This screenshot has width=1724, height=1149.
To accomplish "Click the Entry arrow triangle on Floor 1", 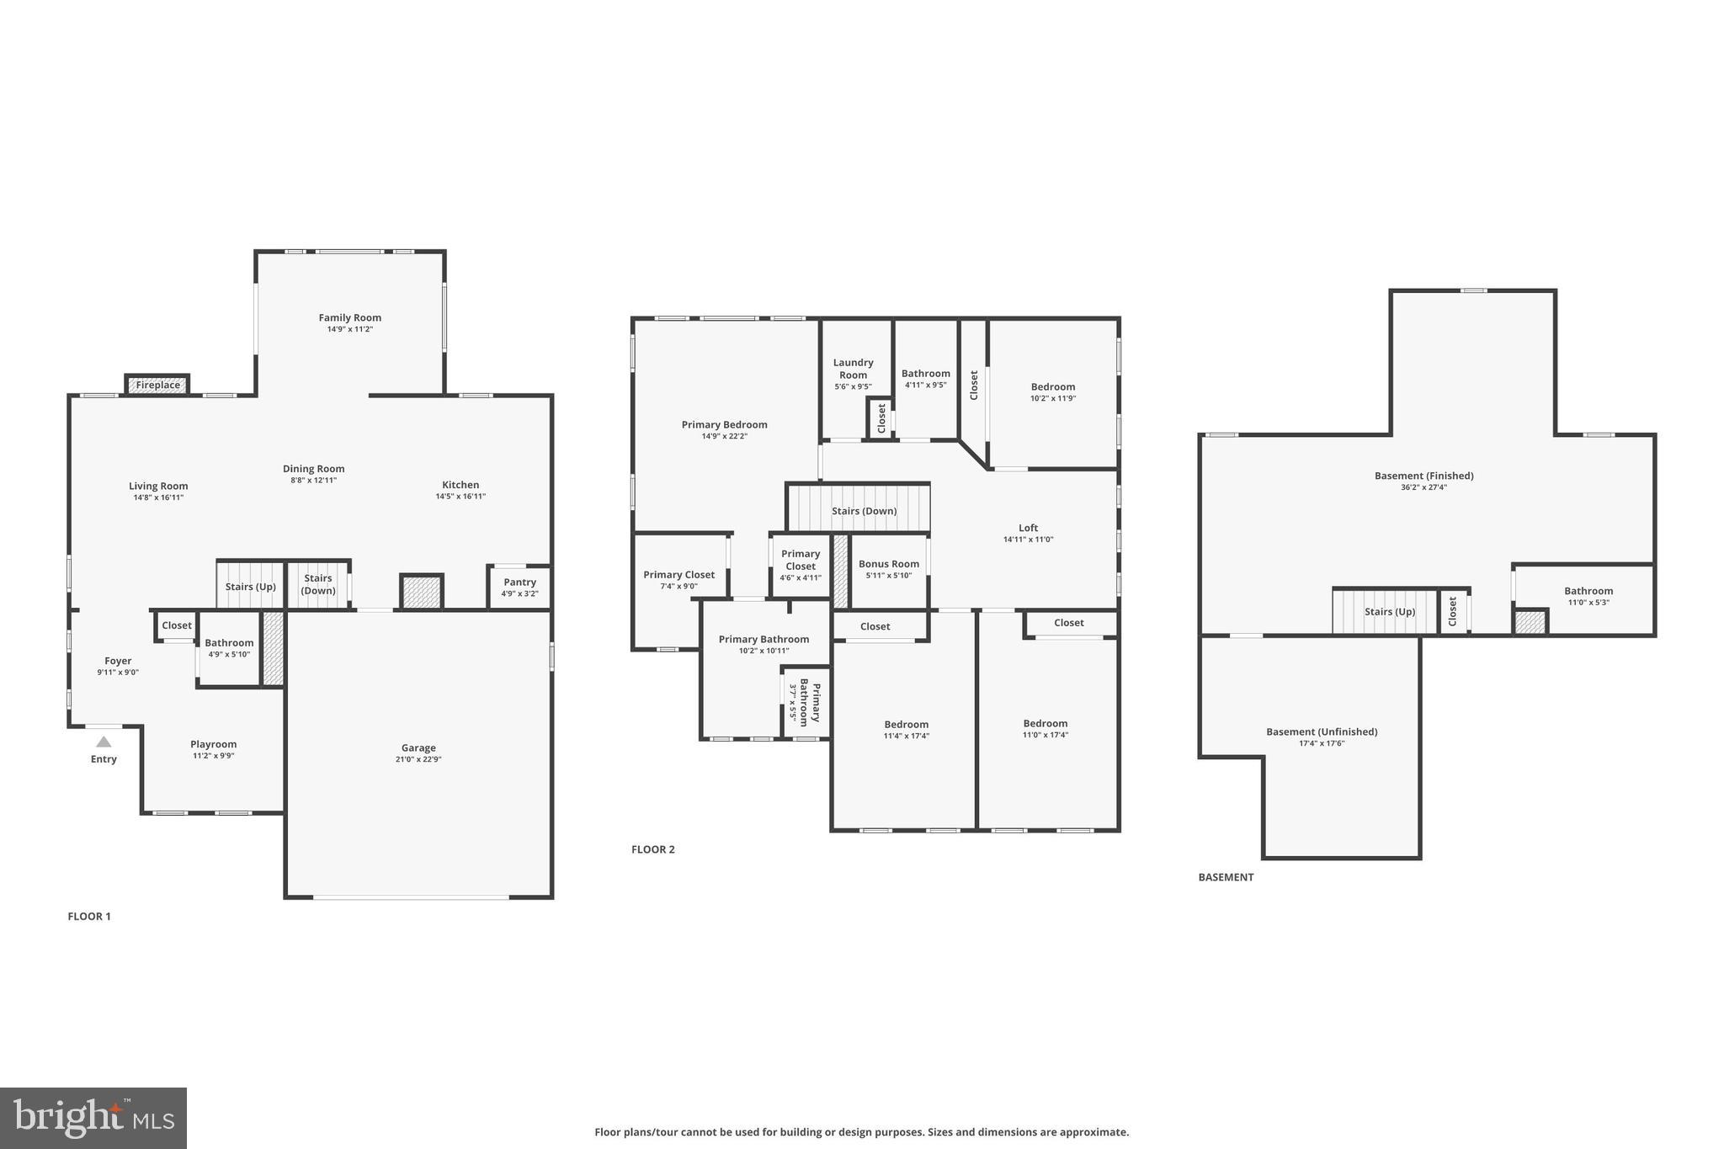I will pyautogui.click(x=104, y=742).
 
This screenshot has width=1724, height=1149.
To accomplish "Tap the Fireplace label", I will pyautogui.click(x=158, y=385).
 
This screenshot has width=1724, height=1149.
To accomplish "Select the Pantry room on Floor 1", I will pyautogui.click(x=519, y=587).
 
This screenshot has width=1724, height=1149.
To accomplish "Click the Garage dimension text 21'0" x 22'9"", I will pyautogui.click(x=418, y=759).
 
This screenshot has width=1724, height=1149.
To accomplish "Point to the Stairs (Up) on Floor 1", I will pyautogui.click(x=250, y=587).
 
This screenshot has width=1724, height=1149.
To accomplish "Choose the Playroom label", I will pyautogui.click(x=213, y=744).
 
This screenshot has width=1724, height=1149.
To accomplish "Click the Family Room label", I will pyautogui.click(x=349, y=317).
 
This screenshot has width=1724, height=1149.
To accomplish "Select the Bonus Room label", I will pyautogui.click(x=888, y=564).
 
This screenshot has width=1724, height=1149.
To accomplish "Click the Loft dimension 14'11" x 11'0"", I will pyautogui.click(x=1028, y=540).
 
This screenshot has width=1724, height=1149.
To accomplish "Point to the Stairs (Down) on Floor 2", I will pyautogui.click(x=864, y=510).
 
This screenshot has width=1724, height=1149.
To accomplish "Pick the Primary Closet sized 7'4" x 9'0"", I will pyautogui.click(x=678, y=580).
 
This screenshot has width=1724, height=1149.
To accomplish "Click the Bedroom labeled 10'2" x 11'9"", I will pyautogui.click(x=1052, y=392).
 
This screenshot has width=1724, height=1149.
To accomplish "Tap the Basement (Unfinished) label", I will pyautogui.click(x=1322, y=731).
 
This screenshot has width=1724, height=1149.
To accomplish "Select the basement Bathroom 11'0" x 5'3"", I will pyautogui.click(x=1588, y=596).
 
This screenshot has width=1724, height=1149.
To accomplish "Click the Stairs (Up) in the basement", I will pyautogui.click(x=1389, y=611).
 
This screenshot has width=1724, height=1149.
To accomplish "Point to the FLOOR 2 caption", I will pyautogui.click(x=653, y=849).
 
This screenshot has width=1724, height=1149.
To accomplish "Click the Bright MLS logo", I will pyautogui.click(x=93, y=1118).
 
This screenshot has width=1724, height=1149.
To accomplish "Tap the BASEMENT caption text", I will pyautogui.click(x=1226, y=877).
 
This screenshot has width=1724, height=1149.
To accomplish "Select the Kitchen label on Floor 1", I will pyautogui.click(x=460, y=485).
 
